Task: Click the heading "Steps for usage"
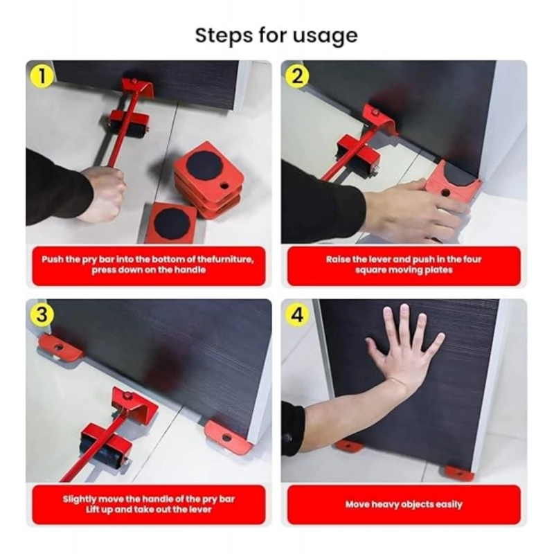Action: click(x=276, y=35)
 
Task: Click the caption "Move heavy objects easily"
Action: click(x=404, y=504)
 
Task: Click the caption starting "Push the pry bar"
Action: click(x=148, y=265)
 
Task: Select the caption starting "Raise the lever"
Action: click(x=404, y=265)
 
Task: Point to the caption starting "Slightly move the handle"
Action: click(x=148, y=503)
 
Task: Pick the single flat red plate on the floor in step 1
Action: click(x=170, y=222)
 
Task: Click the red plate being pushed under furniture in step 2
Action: click(x=453, y=184)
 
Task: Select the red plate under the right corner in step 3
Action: click(x=228, y=435)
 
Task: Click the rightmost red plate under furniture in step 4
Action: click(x=458, y=472)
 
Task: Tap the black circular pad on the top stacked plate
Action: click(x=203, y=164)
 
